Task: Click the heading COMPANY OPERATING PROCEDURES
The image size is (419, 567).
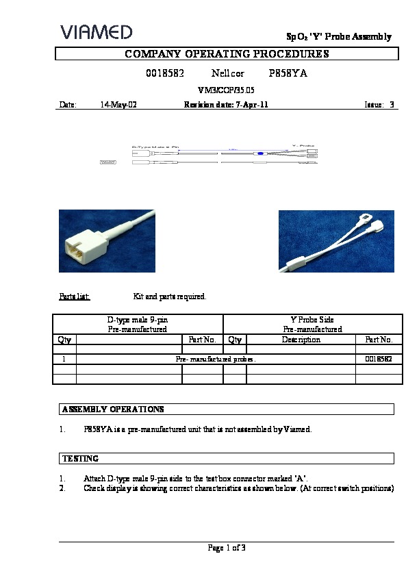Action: (227, 54)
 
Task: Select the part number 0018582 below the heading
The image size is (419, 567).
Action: (165, 73)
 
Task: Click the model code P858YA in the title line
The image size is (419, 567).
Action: (288, 73)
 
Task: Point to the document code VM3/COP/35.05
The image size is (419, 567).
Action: (226, 90)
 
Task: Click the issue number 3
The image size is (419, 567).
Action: (392, 105)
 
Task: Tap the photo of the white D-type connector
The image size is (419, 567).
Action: (106, 240)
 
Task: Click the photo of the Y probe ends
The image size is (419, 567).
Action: (335, 240)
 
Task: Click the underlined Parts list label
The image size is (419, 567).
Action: (74, 297)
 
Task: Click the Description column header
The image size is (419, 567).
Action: (301, 339)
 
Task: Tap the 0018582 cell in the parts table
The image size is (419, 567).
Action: (378, 358)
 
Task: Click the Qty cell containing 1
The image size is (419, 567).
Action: (64, 358)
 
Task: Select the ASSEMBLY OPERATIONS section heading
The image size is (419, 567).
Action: (113, 409)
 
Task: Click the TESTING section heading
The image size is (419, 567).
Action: (80, 458)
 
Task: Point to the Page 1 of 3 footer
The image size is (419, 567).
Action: (227, 547)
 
